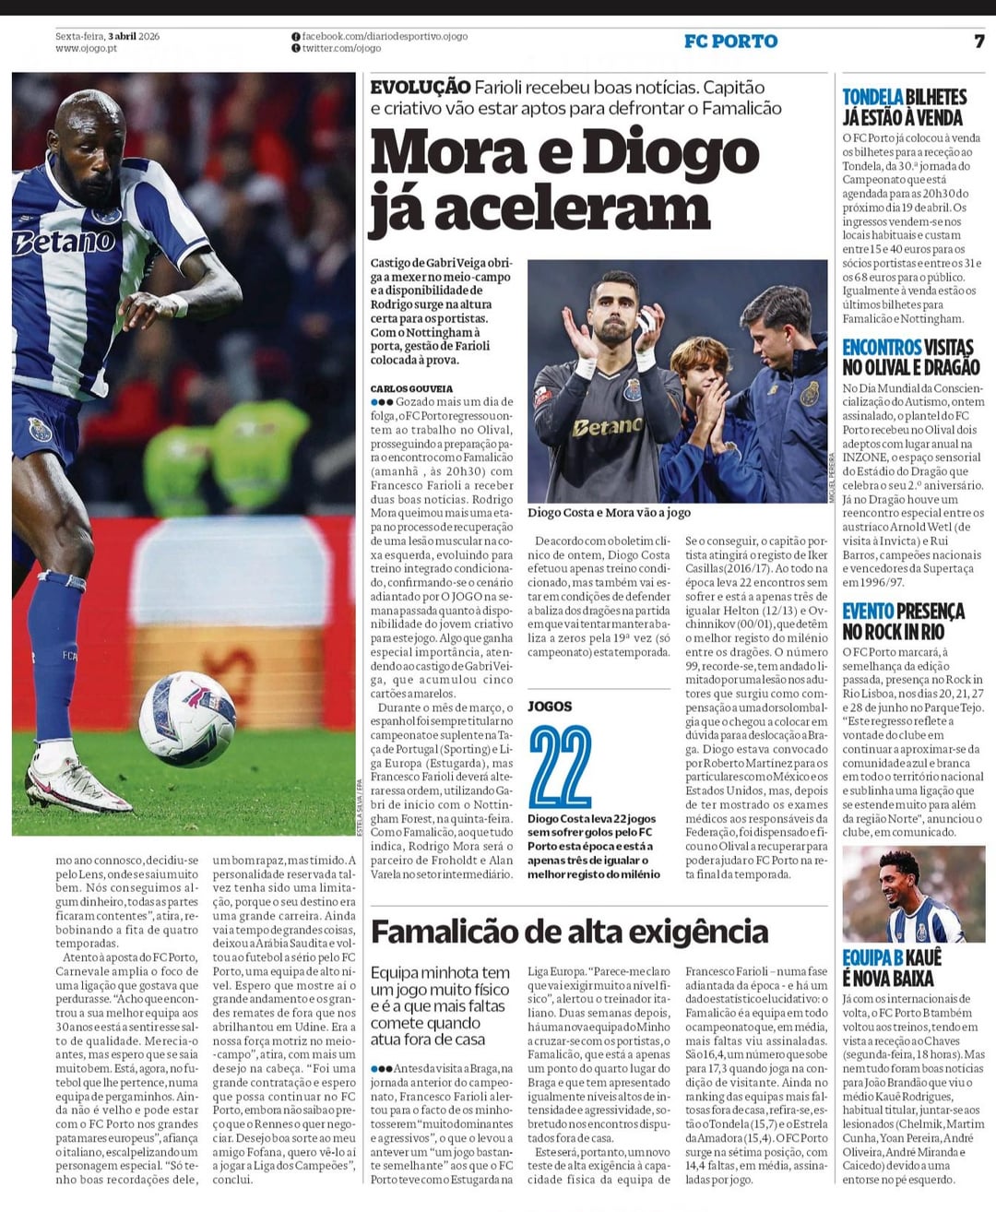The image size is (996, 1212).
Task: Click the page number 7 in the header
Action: coord(978,42)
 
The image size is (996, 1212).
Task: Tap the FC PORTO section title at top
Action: coord(730,42)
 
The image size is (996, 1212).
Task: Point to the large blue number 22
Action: coord(561,767)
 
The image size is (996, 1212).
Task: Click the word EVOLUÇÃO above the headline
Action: coord(420,88)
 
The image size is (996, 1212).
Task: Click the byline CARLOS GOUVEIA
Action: coord(411,389)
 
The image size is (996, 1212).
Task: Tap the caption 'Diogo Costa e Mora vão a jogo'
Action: coord(609,513)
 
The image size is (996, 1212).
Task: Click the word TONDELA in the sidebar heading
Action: coord(872,97)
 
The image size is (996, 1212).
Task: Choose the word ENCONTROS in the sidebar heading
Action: coord(882,347)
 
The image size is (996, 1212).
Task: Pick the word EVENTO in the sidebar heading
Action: coord(868,611)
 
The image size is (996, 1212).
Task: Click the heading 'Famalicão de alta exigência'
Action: coord(569,932)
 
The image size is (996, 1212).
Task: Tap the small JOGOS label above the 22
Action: coord(550,707)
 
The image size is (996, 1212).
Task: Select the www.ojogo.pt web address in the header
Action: coord(86,48)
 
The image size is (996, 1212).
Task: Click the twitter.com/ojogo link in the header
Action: coord(341,48)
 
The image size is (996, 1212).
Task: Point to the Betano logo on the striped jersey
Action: coord(65,242)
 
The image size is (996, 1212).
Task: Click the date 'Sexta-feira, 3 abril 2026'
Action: coord(107,36)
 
